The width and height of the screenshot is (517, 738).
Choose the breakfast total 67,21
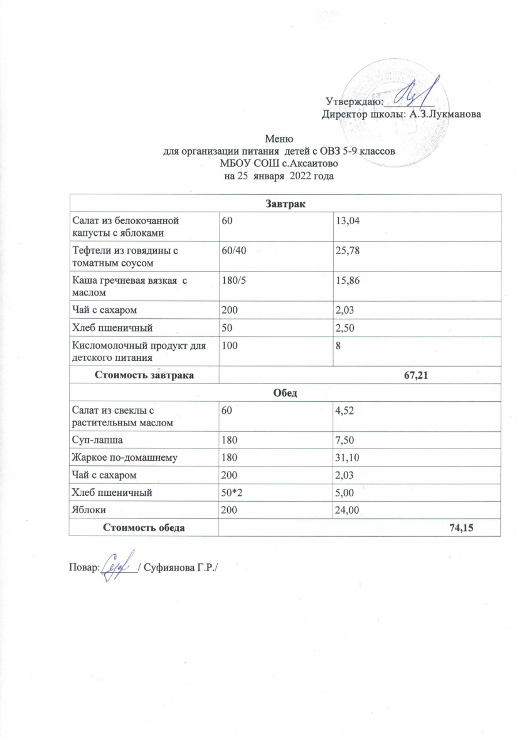pyautogui.click(x=422, y=375)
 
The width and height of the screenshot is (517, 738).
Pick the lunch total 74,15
pyautogui.click(x=468, y=527)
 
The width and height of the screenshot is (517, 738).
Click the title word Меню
pyautogui.click(x=280, y=139)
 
